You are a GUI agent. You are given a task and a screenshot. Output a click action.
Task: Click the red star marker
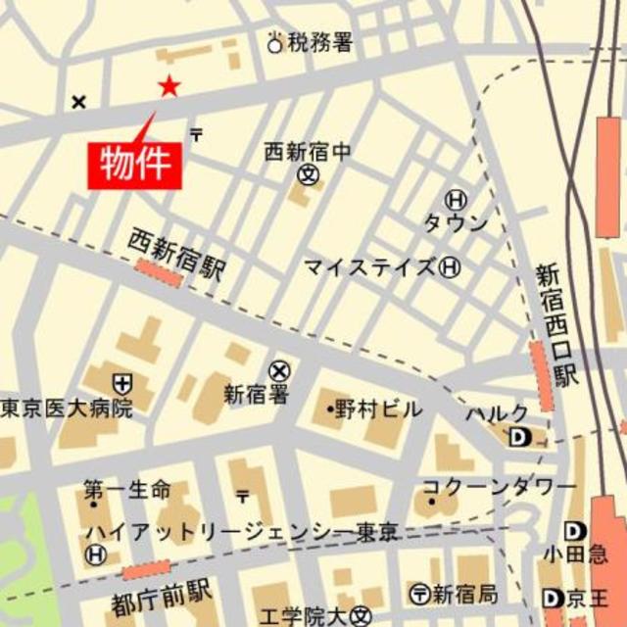(x=169, y=86)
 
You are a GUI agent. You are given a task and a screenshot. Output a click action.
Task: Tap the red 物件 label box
(x=136, y=163)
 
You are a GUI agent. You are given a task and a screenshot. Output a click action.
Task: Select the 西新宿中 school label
(x=307, y=152)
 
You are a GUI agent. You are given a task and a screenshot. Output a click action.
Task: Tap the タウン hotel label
(x=455, y=223)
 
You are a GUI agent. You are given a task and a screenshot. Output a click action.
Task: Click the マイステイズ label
(x=369, y=266)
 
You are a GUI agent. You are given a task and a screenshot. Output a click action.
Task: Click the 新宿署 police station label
(x=256, y=395)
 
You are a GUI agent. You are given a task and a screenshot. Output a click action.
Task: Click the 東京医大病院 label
(x=67, y=408)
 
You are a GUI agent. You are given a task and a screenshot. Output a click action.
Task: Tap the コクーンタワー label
(x=500, y=486)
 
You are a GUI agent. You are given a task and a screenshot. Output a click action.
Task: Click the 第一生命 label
(x=126, y=489)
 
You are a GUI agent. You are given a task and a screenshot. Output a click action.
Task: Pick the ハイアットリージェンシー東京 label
(x=241, y=532)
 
